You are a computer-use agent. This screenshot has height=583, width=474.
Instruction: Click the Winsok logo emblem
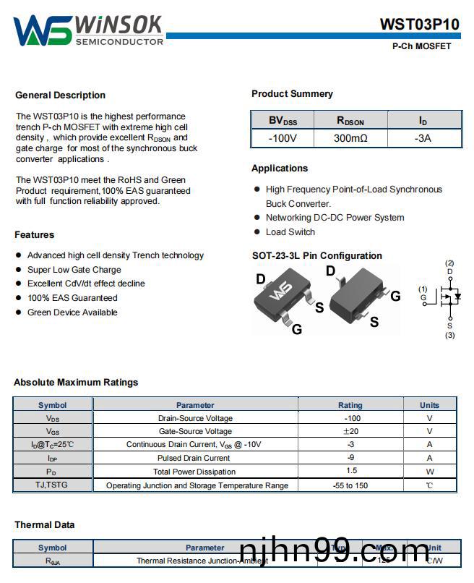(x=42, y=30)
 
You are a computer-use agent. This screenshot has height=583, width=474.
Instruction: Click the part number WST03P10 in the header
(x=419, y=25)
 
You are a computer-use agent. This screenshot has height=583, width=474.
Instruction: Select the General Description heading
(x=60, y=95)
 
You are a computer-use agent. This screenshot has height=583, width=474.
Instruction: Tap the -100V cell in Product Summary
(x=282, y=137)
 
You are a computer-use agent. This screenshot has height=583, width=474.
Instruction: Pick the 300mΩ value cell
(x=350, y=137)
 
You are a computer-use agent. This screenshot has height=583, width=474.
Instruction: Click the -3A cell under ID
(x=423, y=137)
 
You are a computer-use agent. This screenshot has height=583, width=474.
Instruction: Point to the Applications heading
(x=280, y=168)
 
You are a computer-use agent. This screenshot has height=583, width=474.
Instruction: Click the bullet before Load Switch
(x=257, y=232)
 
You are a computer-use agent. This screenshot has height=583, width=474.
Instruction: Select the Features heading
(x=34, y=234)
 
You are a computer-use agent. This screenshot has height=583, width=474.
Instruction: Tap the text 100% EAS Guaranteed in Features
(x=72, y=298)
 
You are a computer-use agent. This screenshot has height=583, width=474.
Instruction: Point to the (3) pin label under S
(x=449, y=335)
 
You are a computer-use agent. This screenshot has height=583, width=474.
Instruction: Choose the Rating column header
(x=350, y=405)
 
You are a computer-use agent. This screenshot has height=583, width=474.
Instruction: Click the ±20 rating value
(x=350, y=431)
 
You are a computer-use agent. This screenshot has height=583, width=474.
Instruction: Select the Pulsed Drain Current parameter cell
(x=195, y=458)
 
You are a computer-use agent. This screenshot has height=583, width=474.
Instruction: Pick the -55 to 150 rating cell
(x=350, y=485)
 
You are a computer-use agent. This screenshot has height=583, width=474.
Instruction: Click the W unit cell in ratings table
(x=429, y=472)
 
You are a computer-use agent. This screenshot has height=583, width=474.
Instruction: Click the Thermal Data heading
(x=45, y=524)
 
